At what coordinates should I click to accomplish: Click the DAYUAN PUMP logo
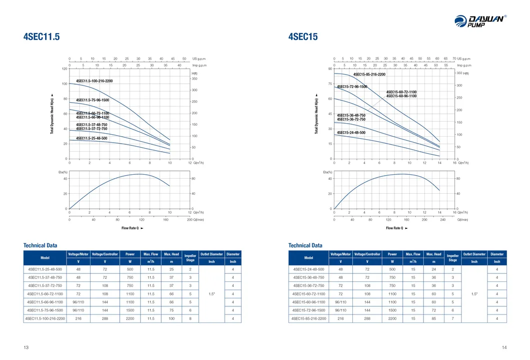click(480, 21)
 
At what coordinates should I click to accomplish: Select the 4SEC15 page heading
click(303, 37)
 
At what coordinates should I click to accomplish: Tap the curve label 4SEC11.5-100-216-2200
click(94, 81)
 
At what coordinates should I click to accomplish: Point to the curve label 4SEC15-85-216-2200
click(369, 75)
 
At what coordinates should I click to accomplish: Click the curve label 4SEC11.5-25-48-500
click(92, 138)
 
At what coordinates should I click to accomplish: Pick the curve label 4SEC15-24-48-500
click(351, 133)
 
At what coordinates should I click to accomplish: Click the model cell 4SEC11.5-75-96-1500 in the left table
click(45, 310)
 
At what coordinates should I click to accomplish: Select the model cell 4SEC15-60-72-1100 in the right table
click(309, 293)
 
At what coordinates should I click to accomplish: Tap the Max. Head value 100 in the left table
click(171, 318)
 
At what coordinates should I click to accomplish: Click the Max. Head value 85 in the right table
click(434, 318)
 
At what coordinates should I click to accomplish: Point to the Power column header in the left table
click(130, 254)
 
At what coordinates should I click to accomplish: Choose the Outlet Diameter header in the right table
click(474, 254)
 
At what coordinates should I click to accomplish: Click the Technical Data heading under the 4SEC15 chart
click(305, 245)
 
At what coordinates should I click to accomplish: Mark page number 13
click(26, 347)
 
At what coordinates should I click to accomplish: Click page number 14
click(504, 347)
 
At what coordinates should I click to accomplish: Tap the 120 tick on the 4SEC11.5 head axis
click(65, 69)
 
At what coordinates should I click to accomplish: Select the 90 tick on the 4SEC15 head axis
click(330, 69)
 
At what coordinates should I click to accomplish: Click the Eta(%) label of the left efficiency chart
click(63, 172)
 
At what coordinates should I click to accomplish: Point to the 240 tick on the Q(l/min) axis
click(442, 220)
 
